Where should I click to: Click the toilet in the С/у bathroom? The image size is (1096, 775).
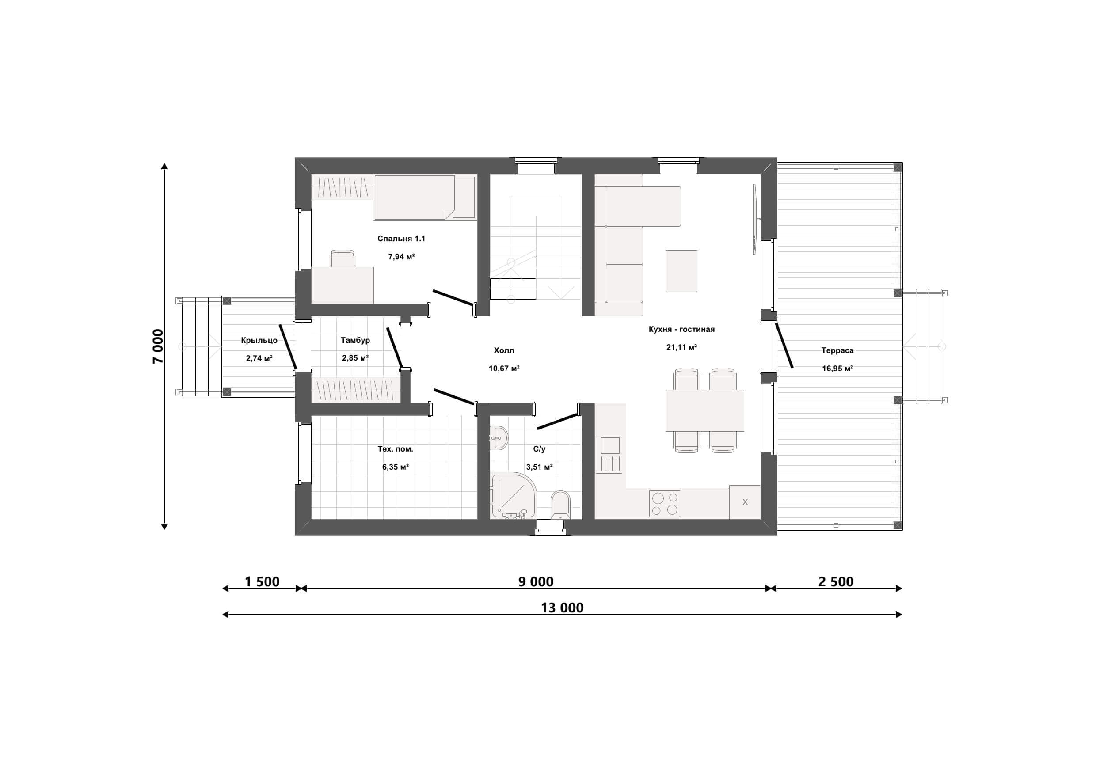pos(560,505)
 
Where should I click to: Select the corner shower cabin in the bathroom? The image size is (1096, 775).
pos(514,495)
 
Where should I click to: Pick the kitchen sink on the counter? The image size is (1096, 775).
pos(609,454)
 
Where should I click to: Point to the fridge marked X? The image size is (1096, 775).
pos(745,502)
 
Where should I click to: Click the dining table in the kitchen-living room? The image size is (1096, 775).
pos(704,410)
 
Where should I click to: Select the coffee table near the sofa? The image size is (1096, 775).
pos(681,270)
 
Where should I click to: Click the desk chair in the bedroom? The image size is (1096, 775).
pos(342,258)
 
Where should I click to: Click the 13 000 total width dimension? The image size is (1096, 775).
pos(562,608)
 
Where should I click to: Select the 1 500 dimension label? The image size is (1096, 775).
pos(262,582)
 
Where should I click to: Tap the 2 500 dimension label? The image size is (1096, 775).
pos(836,582)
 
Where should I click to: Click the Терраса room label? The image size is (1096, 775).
pos(837,350)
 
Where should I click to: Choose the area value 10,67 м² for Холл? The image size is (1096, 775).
pos(504,369)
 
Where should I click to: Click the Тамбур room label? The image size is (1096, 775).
pos(355,340)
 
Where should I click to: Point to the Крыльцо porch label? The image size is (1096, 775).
pos(259,341)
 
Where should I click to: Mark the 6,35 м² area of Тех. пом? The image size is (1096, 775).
pos(395,467)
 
